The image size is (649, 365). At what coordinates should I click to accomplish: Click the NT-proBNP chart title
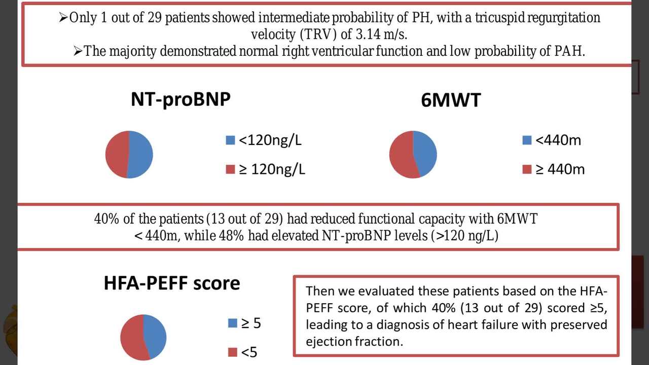coord(181,99)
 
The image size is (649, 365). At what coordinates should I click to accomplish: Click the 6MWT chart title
coord(450,100)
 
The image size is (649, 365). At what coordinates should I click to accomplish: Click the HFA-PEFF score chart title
coord(172,283)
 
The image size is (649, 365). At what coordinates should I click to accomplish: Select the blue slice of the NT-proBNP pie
coord(141,154)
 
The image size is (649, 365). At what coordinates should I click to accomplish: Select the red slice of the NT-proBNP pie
coord(117,154)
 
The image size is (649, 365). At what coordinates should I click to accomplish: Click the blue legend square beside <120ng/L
coord(231,140)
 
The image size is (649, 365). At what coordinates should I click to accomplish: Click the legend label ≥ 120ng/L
coord(272,169)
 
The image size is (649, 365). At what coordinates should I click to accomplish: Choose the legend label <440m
coord(558,140)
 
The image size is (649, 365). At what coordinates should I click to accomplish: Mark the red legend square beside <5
coord(233,352)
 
